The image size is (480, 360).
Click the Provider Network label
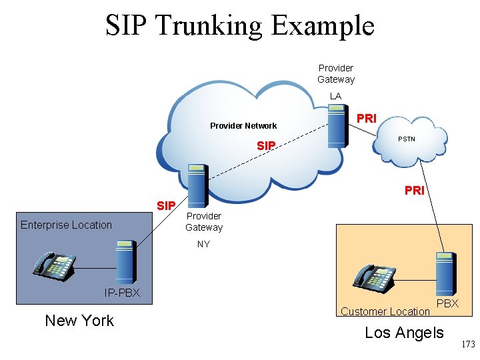(243, 125)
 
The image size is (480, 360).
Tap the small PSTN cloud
(407, 139)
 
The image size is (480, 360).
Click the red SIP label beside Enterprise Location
(165, 205)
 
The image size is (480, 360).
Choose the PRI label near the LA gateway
(367, 119)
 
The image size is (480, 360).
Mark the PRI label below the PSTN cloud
(414, 191)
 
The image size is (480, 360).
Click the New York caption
(79, 321)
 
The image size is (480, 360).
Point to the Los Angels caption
(404, 333)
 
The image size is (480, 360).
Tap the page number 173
(468, 344)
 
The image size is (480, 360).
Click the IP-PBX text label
(122, 293)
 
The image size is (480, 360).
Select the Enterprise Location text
(66, 225)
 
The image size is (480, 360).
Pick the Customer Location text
(385, 311)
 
